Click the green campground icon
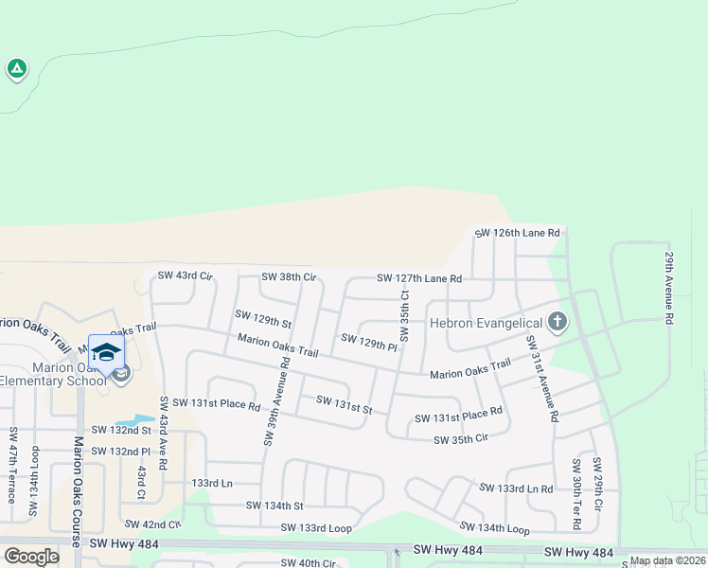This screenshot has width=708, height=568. (x=16, y=68)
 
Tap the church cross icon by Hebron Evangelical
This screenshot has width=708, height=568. (x=557, y=322)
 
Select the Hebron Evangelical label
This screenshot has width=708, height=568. (x=487, y=323)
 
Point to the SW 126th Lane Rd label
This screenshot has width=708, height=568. (x=518, y=232)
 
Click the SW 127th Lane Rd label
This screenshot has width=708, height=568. (x=418, y=278)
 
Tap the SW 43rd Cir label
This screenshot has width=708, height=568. (x=186, y=275)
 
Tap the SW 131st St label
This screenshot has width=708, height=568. (x=345, y=404)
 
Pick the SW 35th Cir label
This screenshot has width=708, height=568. (x=460, y=439)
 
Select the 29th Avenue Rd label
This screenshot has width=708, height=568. (x=668, y=288)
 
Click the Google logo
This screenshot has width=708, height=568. (x=31, y=557)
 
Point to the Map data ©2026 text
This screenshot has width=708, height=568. (x=667, y=560)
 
